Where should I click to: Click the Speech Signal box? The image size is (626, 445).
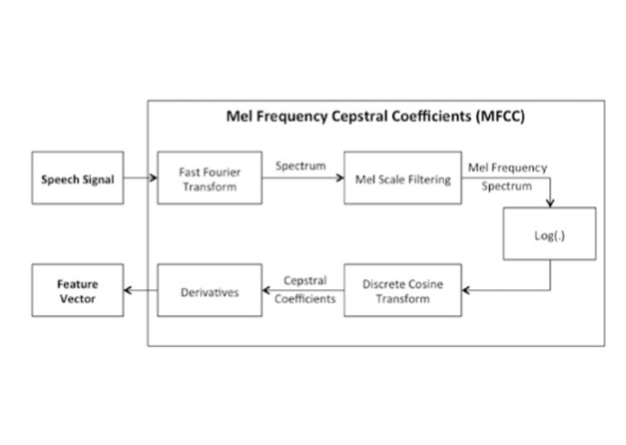(x=77, y=178)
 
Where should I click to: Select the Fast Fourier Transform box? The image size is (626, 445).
(x=209, y=178)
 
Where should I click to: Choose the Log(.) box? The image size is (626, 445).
(x=549, y=234)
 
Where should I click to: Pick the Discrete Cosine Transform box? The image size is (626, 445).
(x=402, y=290)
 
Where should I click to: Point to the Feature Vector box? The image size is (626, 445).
(x=77, y=290)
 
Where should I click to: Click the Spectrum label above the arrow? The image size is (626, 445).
(x=301, y=167)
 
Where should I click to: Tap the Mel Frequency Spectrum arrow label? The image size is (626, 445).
(x=507, y=177)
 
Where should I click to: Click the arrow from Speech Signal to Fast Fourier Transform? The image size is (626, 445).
(x=140, y=178)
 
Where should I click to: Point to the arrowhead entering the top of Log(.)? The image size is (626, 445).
(x=549, y=204)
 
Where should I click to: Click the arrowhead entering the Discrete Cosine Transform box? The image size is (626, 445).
(x=465, y=290)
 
